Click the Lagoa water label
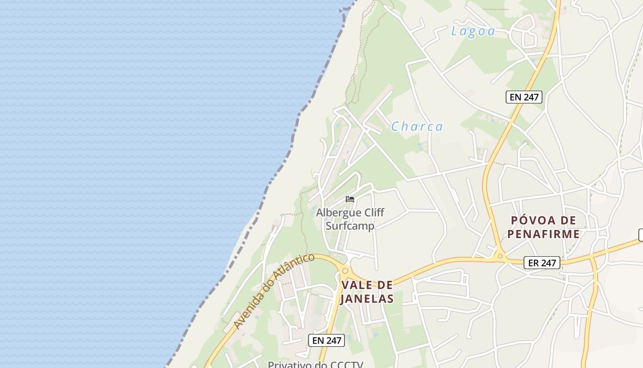coord(473,31)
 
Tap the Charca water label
coord(417,126)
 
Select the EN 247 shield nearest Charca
coord(524,97)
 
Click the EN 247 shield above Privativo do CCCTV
coord(326,340)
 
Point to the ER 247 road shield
coord(542,263)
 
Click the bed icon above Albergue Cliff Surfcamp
coord(350,199)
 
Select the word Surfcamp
coord(350,226)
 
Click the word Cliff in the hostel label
coord(373,213)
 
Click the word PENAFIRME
coord(543,234)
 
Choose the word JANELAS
coord(367,299)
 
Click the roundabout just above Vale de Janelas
coord(345,271)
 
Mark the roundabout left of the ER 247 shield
coord(500,256)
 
